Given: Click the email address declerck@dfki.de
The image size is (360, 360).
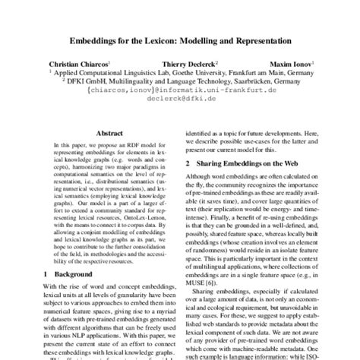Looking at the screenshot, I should [179, 96].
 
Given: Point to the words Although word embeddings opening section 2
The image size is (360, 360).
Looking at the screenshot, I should [219, 178].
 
